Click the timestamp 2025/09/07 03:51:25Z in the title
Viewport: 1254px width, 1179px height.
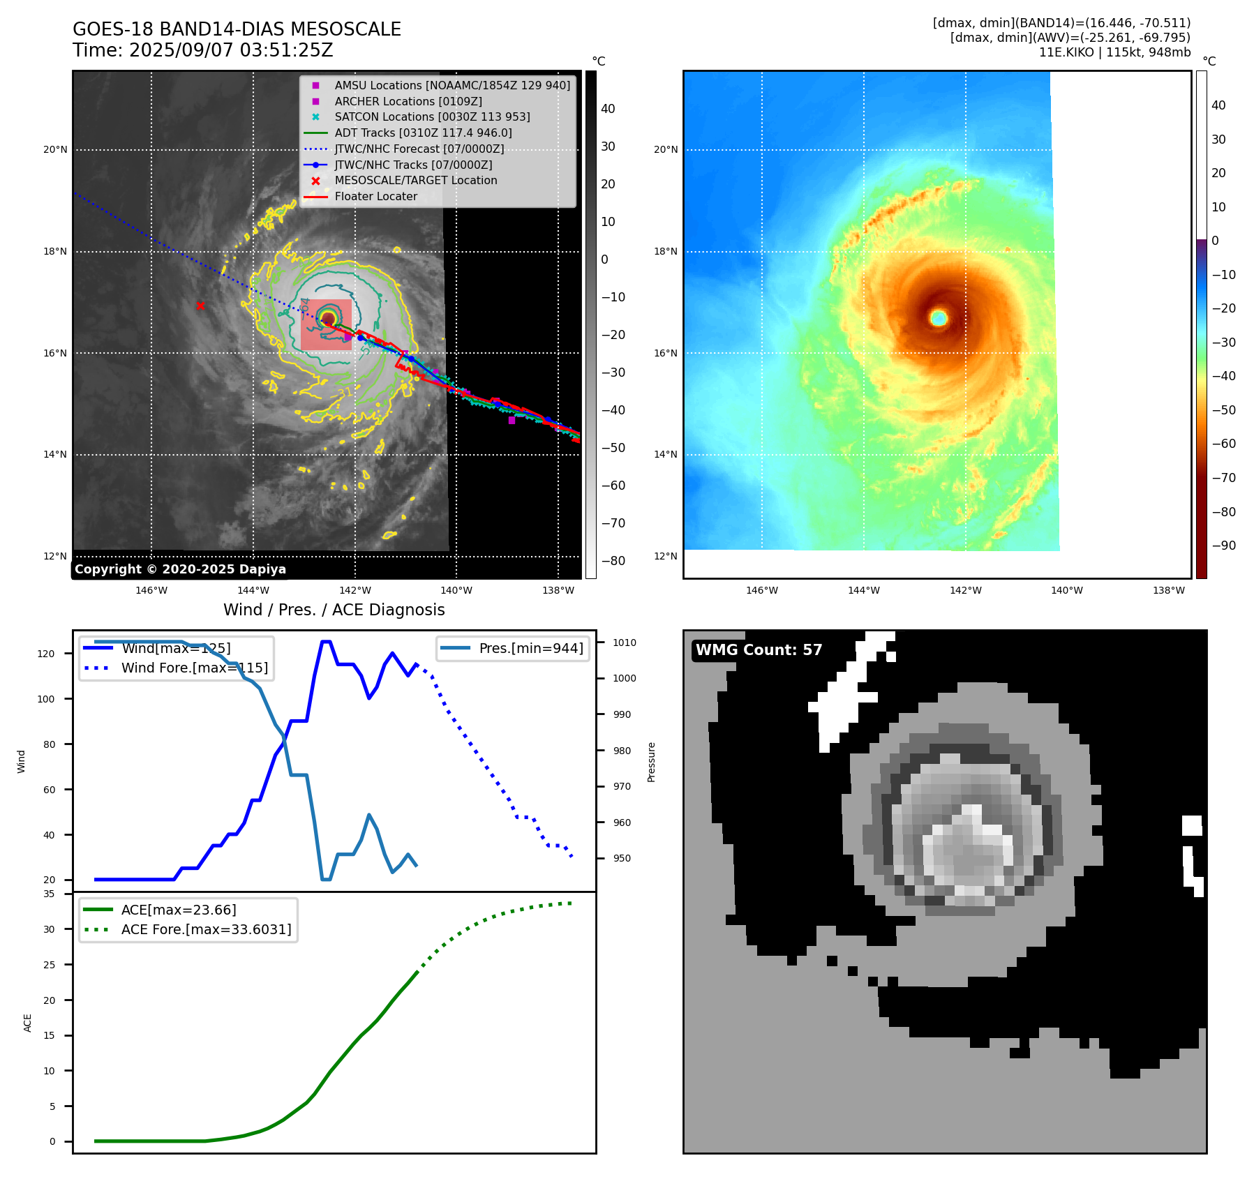231,51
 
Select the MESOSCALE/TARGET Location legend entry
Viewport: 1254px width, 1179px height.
415,181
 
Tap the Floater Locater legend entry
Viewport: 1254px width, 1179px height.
375,197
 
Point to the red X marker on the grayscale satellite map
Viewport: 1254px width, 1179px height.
200,306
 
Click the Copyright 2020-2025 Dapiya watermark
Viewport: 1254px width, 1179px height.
180,569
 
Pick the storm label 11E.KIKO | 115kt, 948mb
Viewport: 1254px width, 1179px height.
1114,52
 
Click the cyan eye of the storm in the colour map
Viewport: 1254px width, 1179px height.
939,318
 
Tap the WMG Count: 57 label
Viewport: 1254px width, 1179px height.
759,650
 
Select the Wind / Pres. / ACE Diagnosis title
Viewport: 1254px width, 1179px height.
334,610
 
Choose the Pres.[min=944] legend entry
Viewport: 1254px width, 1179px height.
530,648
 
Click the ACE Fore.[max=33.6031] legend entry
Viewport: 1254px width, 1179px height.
206,929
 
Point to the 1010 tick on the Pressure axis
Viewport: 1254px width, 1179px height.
625,643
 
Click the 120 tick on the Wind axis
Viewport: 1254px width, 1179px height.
46,654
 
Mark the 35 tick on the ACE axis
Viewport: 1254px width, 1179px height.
49,894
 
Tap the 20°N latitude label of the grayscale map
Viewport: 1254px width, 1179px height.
55,149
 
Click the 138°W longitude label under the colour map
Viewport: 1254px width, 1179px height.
1168,590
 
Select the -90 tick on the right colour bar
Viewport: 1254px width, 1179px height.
1223,546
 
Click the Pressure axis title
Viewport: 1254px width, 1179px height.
651,762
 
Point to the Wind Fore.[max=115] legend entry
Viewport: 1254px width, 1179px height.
194,668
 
